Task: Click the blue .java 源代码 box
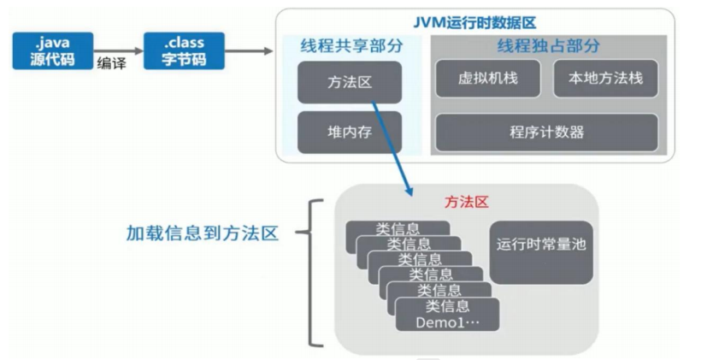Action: [x=53, y=51]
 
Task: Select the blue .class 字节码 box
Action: [x=184, y=51]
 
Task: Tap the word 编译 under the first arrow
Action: [x=111, y=63]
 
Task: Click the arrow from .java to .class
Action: [x=119, y=51]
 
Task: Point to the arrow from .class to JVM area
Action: [x=249, y=51]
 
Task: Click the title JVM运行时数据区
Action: [x=474, y=22]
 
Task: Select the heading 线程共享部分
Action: [x=351, y=46]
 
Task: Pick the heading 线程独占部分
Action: [x=548, y=46]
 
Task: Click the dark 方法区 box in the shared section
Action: [x=350, y=82]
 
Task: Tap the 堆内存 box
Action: [x=350, y=133]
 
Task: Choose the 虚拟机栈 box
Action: [x=488, y=79]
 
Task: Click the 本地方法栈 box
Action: [x=605, y=79]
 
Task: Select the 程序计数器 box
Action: [x=546, y=133]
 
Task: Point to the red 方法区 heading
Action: [x=467, y=203]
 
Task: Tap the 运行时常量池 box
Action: [x=541, y=253]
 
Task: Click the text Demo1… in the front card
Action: [x=447, y=322]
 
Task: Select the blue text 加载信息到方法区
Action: [x=203, y=233]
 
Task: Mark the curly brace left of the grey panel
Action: [x=310, y=273]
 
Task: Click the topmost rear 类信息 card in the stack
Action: [x=398, y=228]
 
